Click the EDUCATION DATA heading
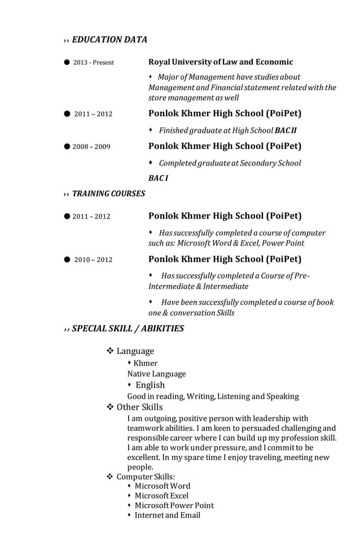tap(109, 40)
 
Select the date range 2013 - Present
tap(93, 63)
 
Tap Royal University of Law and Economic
tap(221, 62)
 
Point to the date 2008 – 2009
tap(91, 147)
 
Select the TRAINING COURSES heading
tap(108, 194)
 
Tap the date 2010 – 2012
tap(93, 260)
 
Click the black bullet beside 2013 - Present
tap(67, 62)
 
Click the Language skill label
tap(135, 351)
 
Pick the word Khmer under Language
tap(146, 363)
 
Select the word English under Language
tap(150, 385)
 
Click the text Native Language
tap(156, 374)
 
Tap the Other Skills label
tap(139, 407)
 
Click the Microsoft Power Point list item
tap(174, 505)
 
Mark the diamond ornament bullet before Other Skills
tap(111, 407)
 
